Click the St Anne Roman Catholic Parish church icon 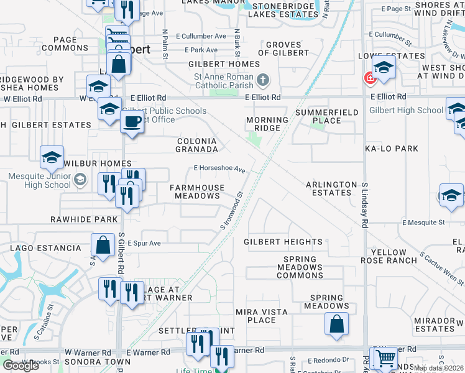pyautogui.click(x=263, y=80)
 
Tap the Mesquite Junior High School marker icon pyautogui.click(x=80, y=180)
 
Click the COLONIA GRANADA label pyautogui.click(x=196, y=145)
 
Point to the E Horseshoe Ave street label pyautogui.click(x=219, y=168)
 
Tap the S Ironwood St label pyautogui.click(x=231, y=213)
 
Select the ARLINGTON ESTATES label pyautogui.click(x=332, y=188)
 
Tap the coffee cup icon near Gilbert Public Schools pyautogui.click(x=132, y=121)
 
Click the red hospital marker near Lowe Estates pyautogui.click(x=369, y=78)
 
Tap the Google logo pyautogui.click(x=21, y=366)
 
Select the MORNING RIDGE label pyautogui.click(x=267, y=124)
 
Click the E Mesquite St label pyautogui.click(x=423, y=222)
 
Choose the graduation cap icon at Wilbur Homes pyautogui.click(x=52, y=157)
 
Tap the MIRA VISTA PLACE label pyautogui.click(x=256, y=316)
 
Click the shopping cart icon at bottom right pyautogui.click(x=385, y=358)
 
